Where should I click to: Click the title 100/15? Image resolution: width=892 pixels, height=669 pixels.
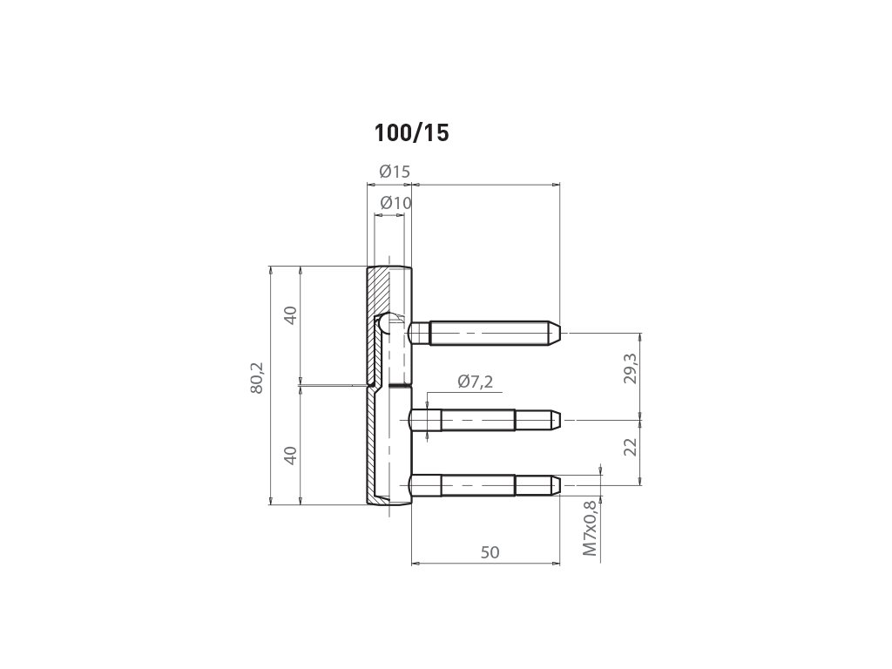point(411,133)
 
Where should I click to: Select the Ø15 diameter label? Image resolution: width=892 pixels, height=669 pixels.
point(395,172)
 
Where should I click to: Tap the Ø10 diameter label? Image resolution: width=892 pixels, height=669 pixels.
point(395,202)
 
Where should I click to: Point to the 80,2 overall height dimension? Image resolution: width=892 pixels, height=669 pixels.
point(257,378)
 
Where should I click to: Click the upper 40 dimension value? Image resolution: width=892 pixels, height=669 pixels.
point(291,315)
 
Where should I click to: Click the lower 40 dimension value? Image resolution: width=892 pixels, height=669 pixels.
point(291,456)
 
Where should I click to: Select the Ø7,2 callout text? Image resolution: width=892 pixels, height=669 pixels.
point(475,382)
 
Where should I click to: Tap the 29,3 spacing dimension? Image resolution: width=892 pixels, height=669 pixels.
point(631,368)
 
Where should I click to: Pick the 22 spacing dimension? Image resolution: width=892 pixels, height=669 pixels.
point(631,447)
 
